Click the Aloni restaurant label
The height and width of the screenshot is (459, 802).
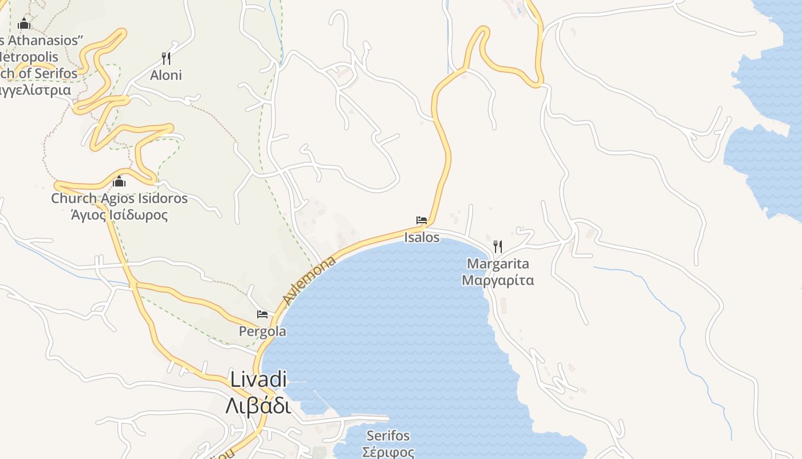point(166,75)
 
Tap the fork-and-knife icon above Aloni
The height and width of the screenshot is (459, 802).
point(166,58)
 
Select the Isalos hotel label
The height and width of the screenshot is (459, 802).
point(422,237)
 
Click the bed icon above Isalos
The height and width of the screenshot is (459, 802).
point(422,220)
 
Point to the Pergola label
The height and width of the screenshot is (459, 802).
point(262,331)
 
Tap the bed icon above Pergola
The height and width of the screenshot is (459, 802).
point(262,314)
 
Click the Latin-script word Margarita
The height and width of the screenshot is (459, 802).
point(498,264)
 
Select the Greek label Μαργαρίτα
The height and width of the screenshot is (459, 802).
point(498,281)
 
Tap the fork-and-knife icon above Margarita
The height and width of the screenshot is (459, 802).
point(498,247)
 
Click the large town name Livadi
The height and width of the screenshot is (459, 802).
point(258,379)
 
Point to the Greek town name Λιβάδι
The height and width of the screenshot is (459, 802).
point(258,405)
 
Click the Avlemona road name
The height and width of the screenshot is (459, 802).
point(309,281)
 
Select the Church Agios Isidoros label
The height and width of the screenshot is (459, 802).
point(119,199)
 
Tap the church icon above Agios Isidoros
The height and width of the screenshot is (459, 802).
point(119,182)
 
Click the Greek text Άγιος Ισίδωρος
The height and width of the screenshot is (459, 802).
point(119,215)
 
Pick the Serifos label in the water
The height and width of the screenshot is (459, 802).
point(388,435)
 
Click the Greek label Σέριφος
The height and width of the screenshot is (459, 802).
point(388,452)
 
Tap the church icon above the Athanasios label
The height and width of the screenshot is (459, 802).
point(24,24)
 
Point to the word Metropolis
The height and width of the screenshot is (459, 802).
point(30,57)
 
